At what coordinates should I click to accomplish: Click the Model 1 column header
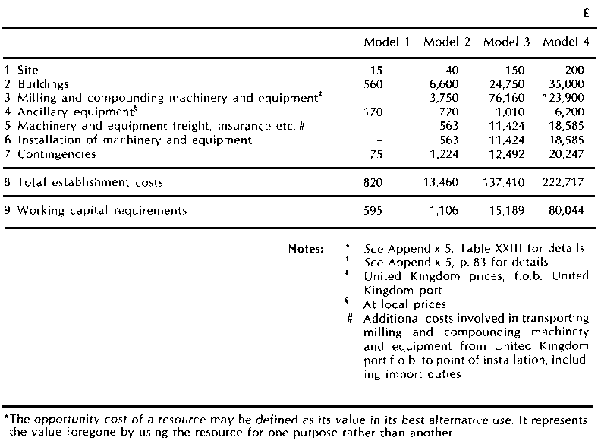387,42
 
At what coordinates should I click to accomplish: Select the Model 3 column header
506,42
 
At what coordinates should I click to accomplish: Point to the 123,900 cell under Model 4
563,98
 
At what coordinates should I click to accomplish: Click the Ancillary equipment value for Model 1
375,112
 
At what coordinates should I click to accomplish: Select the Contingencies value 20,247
566,154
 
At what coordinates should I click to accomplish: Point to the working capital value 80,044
566,210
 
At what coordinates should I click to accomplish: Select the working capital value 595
375,210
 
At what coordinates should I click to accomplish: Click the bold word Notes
305,249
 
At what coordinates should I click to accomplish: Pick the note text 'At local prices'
404,304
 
